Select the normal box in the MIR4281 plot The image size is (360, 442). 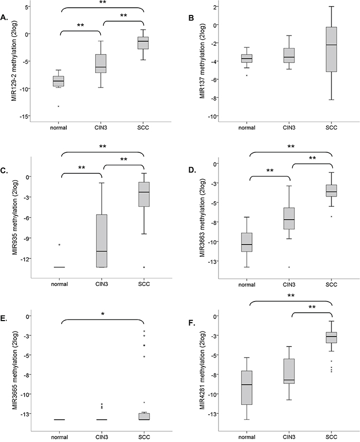(247, 387)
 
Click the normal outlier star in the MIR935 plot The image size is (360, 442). (60, 245)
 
